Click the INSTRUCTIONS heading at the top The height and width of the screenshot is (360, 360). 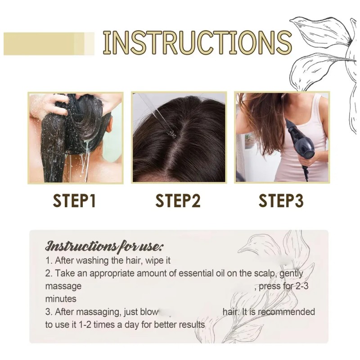coord(198,42)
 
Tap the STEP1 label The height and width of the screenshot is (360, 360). coord(74,200)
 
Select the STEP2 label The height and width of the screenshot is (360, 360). coord(178,200)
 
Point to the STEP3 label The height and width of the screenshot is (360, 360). coord(281,200)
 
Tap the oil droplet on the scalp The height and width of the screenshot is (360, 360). coord(171,132)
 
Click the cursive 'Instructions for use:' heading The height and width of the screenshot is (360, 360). coord(105,246)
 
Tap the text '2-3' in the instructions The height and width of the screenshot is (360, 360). coord(301,286)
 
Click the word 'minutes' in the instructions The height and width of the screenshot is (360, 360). coord(61,299)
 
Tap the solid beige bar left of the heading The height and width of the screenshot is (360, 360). coord(49,44)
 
